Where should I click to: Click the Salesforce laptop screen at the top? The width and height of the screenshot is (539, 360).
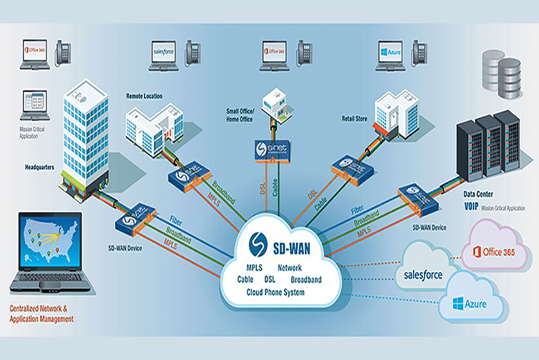[x=164, y=52]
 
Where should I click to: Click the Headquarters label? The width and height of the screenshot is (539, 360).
[x=40, y=167]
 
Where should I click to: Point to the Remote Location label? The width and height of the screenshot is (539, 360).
[x=144, y=96]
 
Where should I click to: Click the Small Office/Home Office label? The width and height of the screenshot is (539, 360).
[x=240, y=115]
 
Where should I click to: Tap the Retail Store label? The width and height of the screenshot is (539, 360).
[x=354, y=119]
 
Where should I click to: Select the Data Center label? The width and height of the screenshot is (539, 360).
[x=478, y=194]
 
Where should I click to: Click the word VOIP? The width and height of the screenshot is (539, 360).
[x=471, y=207]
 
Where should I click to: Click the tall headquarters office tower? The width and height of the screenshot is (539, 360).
[x=85, y=139]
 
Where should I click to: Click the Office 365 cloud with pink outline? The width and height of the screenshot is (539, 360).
[x=494, y=246]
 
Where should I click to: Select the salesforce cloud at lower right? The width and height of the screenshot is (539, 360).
[x=422, y=270]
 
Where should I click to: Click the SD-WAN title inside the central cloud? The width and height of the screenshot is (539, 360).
[x=291, y=249]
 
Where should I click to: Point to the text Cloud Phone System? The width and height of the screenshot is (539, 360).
[x=275, y=292]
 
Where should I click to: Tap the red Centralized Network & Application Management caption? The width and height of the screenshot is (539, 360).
[x=41, y=313]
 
